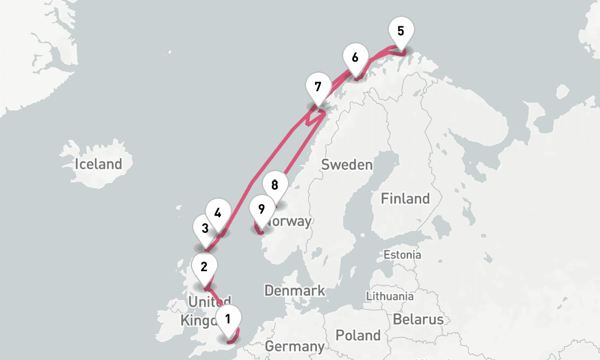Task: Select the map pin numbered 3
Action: (205, 229)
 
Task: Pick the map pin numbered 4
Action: (217, 213)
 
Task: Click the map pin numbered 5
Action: (401, 31)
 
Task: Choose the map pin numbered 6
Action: (355, 58)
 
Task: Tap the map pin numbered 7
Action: (317, 86)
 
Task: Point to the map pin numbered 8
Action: (275, 185)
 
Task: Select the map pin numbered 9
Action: (261, 209)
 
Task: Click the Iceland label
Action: (98, 164)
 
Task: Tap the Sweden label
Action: (347, 165)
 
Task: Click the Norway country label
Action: (290, 221)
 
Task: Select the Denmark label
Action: (295, 291)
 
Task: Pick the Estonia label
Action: (403, 255)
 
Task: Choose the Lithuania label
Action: (390, 296)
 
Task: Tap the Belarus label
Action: (418, 319)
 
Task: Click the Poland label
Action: (358, 335)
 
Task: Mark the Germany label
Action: (294, 347)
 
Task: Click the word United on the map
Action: (209, 301)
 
